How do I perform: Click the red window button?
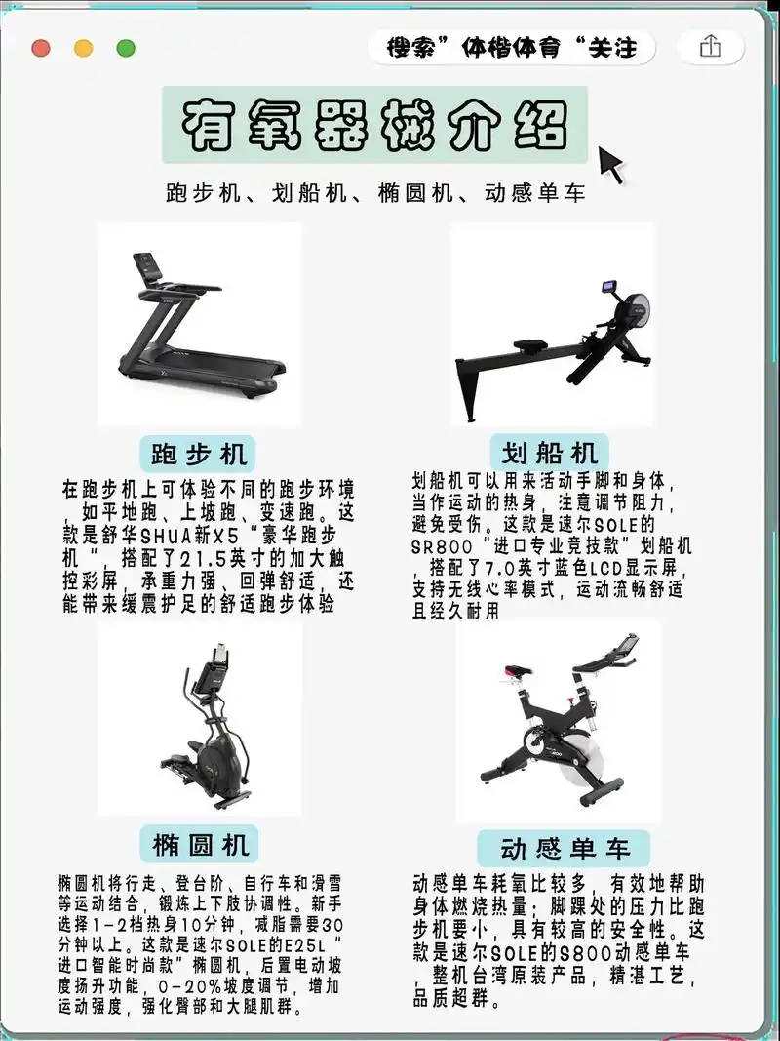pyautogui.click(x=41, y=48)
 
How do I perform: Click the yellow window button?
pyautogui.click(x=84, y=48)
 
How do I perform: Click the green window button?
pyautogui.click(x=126, y=48)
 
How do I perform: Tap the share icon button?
pyautogui.click(x=710, y=47)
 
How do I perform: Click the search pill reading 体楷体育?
pyautogui.click(x=511, y=48)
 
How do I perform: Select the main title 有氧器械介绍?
pyautogui.click(x=374, y=124)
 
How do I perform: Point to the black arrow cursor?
pyautogui.click(x=610, y=163)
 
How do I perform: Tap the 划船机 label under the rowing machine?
pyautogui.click(x=550, y=454)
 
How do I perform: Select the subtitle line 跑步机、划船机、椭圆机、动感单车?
pyautogui.click(x=375, y=192)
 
